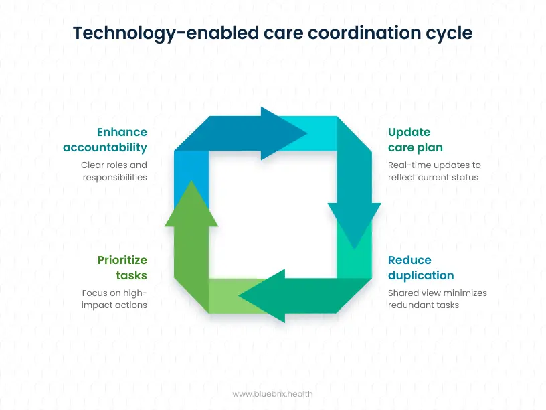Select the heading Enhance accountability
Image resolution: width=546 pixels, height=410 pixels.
click(105, 139)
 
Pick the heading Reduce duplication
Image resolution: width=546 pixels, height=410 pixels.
click(421, 267)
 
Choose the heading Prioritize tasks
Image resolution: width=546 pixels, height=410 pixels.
click(122, 267)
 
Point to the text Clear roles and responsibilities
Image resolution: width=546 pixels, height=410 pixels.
click(114, 171)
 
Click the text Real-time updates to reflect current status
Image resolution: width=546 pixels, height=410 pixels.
click(434, 171)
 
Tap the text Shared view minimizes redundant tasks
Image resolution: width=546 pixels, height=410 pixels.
click(438, 299)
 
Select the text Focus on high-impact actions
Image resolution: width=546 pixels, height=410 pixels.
click(114, 299)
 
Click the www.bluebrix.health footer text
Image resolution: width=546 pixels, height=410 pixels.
click(272, 394)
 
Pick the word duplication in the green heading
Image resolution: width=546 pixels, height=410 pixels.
click(421, 275)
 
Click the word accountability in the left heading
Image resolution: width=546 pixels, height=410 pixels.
click(105, 147)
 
